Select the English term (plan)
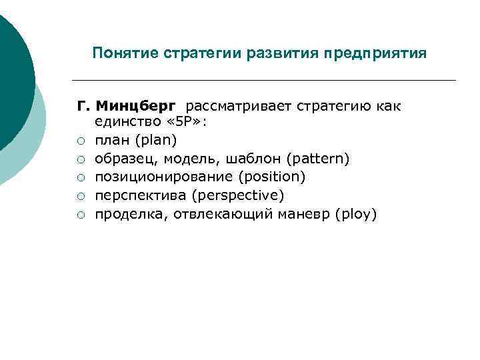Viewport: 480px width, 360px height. coord(155,140)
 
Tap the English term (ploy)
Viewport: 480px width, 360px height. coord(357,214)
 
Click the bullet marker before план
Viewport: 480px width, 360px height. coord(80,141)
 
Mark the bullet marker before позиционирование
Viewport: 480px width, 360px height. coord(80,177)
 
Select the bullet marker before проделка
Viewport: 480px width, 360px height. coord(80,215)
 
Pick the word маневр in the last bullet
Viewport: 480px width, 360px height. coord(309,214)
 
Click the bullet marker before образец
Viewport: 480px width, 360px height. coord(80,159)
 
